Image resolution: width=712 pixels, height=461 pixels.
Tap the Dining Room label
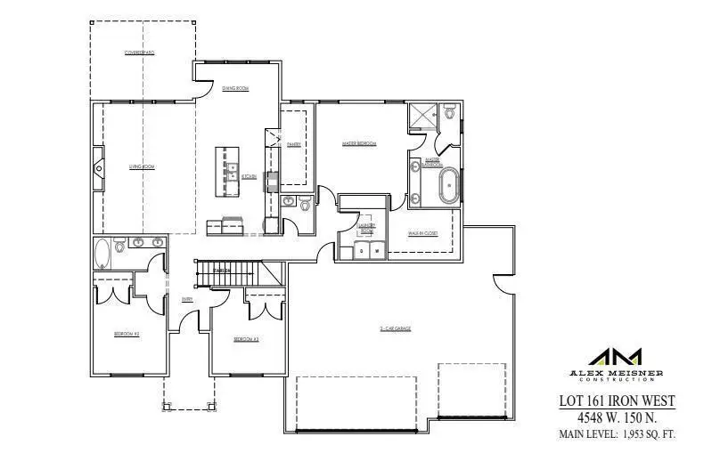(x=235, y=88)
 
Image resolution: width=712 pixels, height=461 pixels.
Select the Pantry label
(x=293, y=144)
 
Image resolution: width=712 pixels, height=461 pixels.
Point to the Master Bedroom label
(x=359, y=143)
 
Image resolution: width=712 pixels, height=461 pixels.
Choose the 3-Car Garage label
(x=395, y=328)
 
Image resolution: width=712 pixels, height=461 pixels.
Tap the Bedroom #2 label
(x=127, y=334)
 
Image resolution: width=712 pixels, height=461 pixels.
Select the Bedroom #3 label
(x=246, y=339)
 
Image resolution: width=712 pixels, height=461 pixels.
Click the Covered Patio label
(x=140, y=53)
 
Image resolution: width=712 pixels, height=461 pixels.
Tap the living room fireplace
(x=97, y=166)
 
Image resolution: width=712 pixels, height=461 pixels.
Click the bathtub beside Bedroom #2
(x=102, y=254)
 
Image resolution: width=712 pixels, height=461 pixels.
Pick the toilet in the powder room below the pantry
(x=305, y=205)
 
